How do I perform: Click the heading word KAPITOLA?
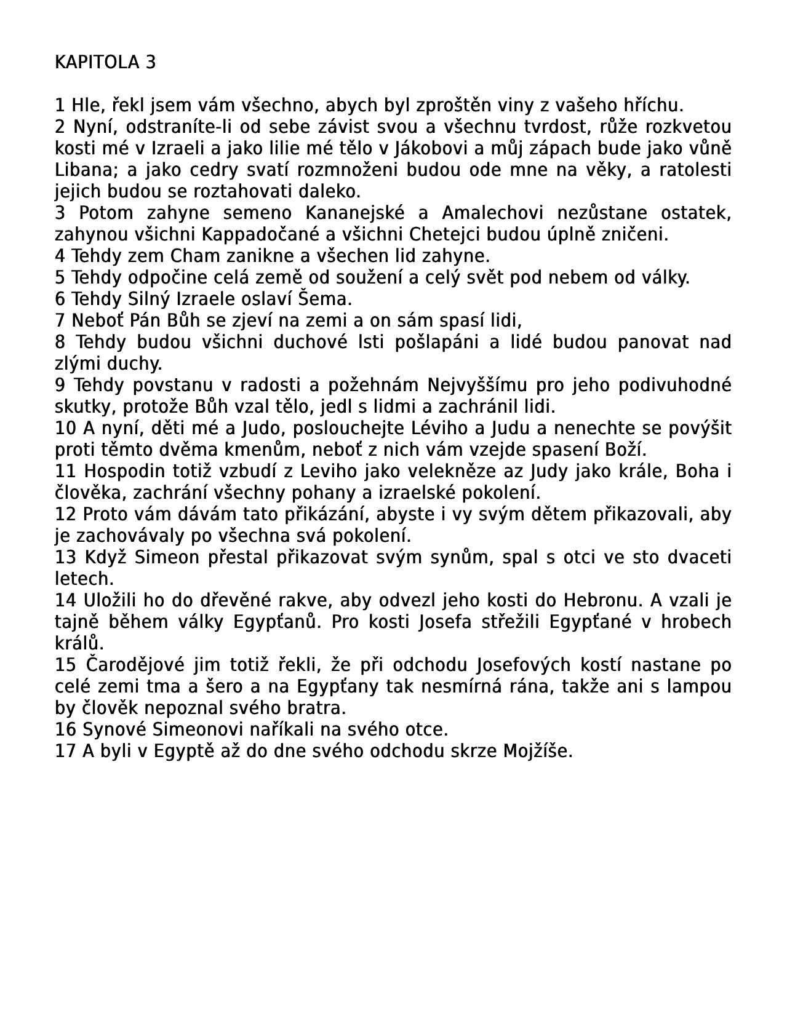97,62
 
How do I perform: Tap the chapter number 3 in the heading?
151,62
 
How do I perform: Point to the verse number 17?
65,751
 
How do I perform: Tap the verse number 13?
65,557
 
